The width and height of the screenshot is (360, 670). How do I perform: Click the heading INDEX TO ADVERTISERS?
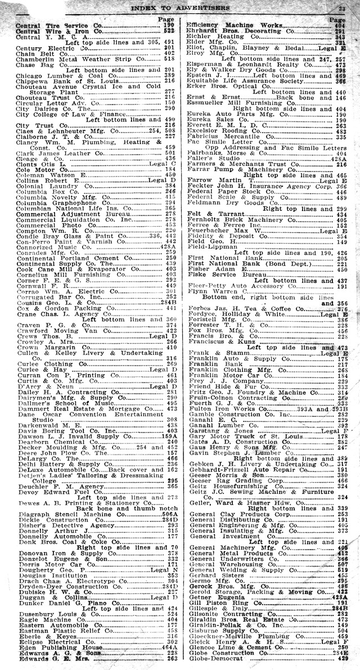click(179, 8)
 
